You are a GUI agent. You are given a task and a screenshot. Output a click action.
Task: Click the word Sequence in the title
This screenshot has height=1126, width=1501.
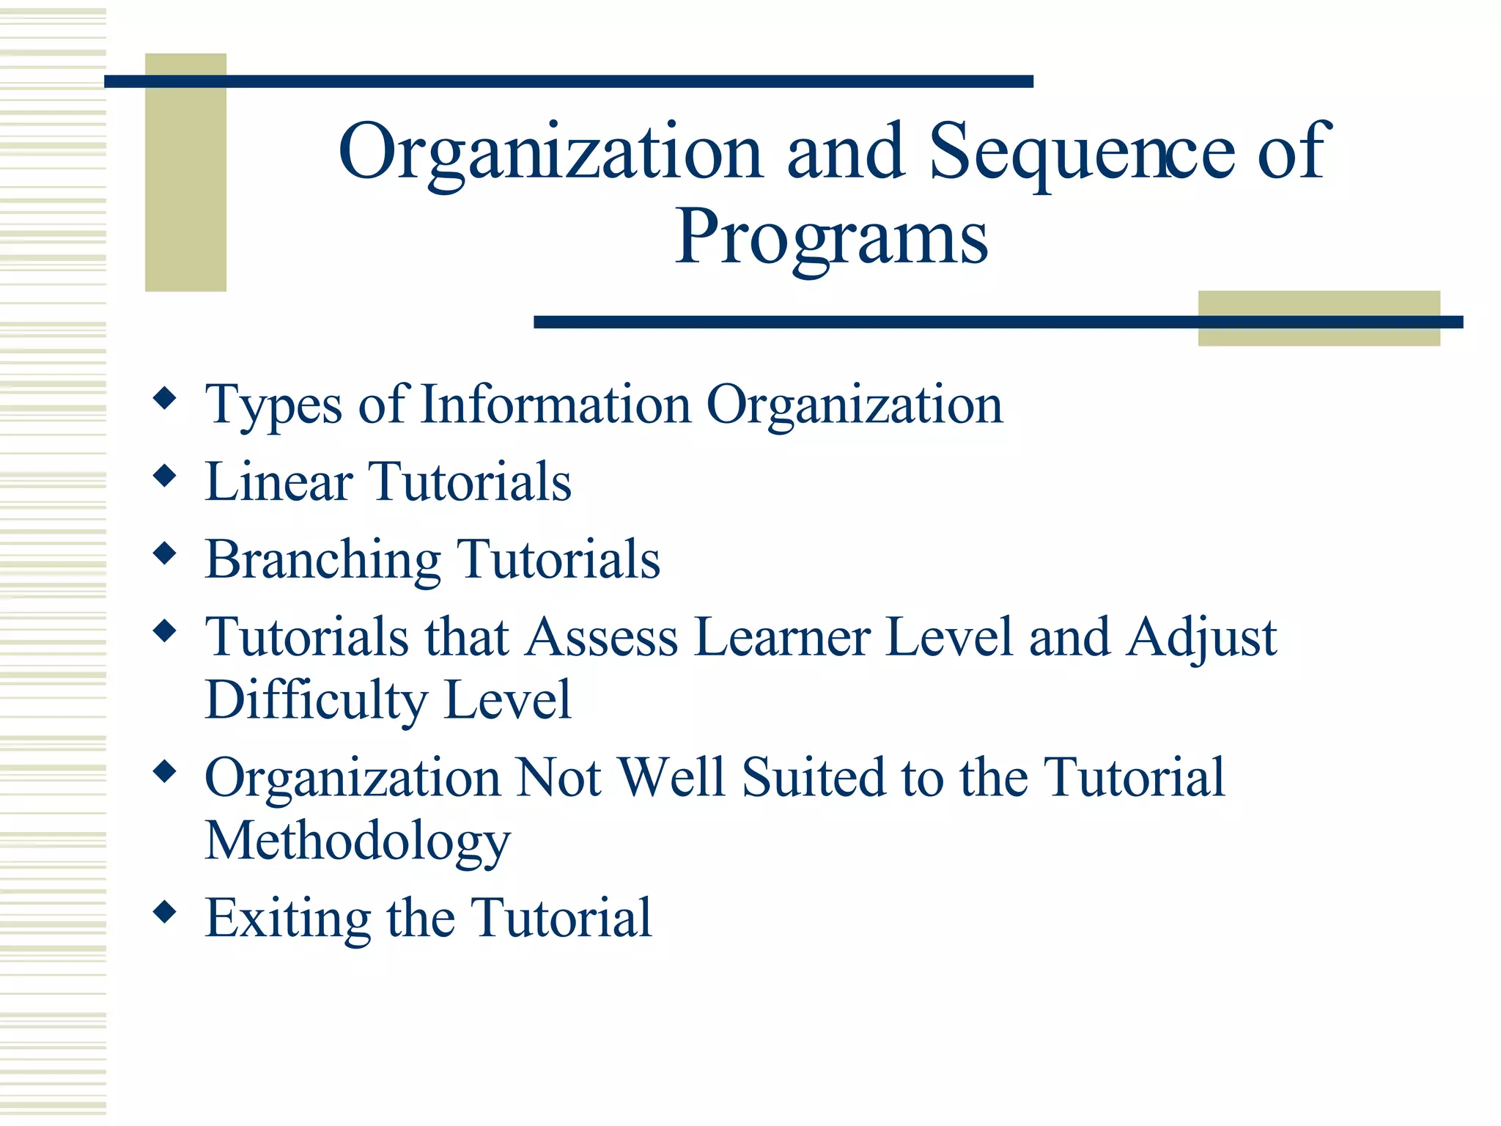tap(1082, 152)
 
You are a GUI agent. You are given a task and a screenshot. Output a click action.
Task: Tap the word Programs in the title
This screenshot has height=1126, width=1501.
tap(831, 238)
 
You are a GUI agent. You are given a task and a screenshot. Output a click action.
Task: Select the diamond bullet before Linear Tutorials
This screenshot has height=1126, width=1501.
tap(165, 476)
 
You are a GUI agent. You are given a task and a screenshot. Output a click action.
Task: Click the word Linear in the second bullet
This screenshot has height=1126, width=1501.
tap(279, 482)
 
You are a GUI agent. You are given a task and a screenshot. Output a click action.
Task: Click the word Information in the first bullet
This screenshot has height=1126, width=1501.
tap(556, 405)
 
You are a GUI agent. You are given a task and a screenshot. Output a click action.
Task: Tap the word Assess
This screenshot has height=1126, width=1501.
tap(601, 637)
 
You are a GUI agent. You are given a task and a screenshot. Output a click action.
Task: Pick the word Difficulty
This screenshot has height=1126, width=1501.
tap(315, 701)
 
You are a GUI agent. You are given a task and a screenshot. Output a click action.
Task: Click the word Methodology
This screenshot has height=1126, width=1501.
tap(357, 842)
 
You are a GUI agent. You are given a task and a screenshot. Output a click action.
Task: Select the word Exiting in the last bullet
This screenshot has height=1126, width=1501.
tap(287, 919)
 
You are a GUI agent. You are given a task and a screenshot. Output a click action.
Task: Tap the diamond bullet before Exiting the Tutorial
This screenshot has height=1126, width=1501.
tap(165, 912)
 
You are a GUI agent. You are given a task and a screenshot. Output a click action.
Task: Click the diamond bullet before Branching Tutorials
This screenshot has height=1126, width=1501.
tap(165, 553)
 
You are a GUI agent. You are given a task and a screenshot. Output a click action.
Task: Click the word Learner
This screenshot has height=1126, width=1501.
tap(782, 637)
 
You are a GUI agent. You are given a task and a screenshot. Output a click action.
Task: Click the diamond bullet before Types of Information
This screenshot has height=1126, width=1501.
tap(165, 399)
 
